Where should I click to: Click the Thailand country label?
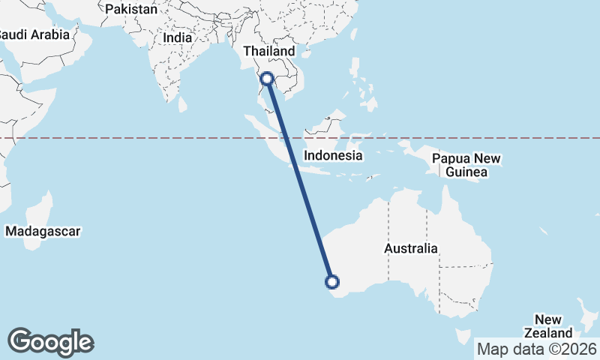268,51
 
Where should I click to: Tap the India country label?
178,37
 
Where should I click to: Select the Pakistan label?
131,9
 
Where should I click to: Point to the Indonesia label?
333,156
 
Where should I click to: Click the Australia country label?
410,248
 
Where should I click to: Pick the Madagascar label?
42,232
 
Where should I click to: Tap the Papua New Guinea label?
466,165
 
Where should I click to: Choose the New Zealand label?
553,326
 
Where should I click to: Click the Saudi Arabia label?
34,34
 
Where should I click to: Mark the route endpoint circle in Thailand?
267,78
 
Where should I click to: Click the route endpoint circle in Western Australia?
332,282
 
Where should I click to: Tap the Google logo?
50,342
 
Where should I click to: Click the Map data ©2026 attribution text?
537,349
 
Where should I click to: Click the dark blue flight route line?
300,180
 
